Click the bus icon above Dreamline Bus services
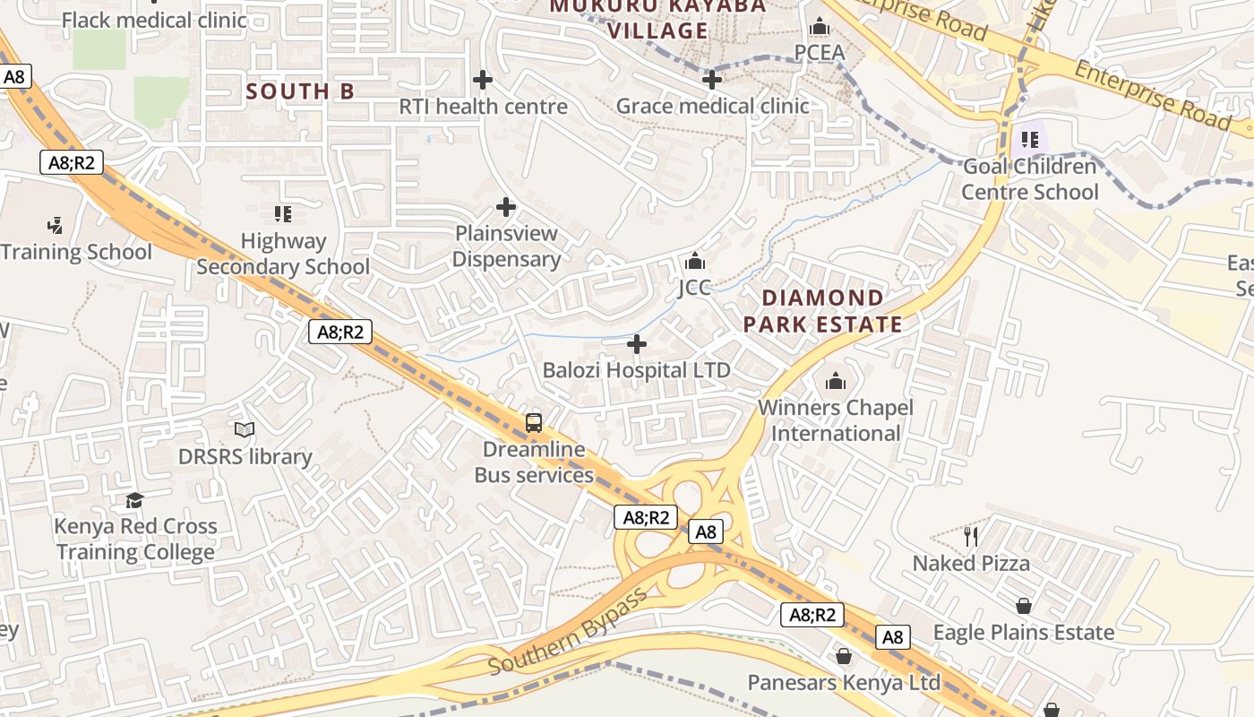point(534,422)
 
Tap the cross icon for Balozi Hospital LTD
point(637,344)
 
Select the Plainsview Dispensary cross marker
point(506,207)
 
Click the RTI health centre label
point(483,107)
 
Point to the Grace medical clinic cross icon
point(712,80)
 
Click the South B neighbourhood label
point(300,91)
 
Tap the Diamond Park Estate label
point(822,311)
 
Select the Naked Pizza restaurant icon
point(972,537)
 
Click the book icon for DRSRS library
point(245,430)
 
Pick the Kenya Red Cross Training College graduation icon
point(134,500)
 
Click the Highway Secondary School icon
point(283,213)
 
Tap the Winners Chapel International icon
point(836,382)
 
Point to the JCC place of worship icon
point(695,262)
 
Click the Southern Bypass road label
point(567,634)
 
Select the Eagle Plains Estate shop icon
point(1024,607)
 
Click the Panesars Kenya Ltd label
point(844,683)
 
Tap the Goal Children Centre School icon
point(1030,140)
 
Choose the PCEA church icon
point(820,27)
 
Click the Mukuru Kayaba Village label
point(658,18)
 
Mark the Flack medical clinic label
point(154,20)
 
